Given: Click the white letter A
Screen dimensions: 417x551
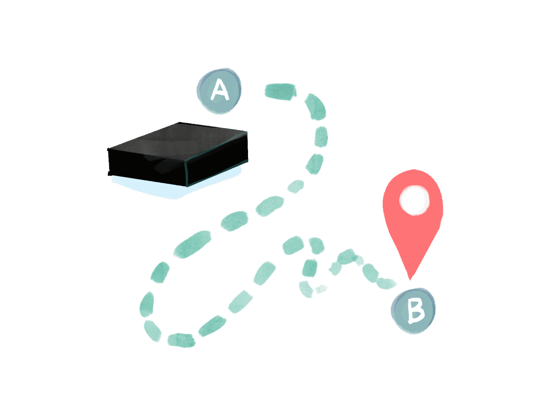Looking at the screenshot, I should pyautogui.click(x=220, y=91).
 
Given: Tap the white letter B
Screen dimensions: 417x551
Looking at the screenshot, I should pyautogui.click(x=415, y=311).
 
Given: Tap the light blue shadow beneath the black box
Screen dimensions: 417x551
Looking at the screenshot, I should pyautogui.click(x=147, y=189).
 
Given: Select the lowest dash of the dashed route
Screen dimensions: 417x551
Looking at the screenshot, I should pyautogui.click(x=181, y=340).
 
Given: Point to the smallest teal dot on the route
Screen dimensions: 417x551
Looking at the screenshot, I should pyautogui.click(x=321, y=289).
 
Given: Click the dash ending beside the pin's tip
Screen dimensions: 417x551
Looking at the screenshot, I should pyautogui.click(x=387, y=283).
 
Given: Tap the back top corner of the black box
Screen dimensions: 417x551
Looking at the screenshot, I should pyautogui.click(x=179, y=123).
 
